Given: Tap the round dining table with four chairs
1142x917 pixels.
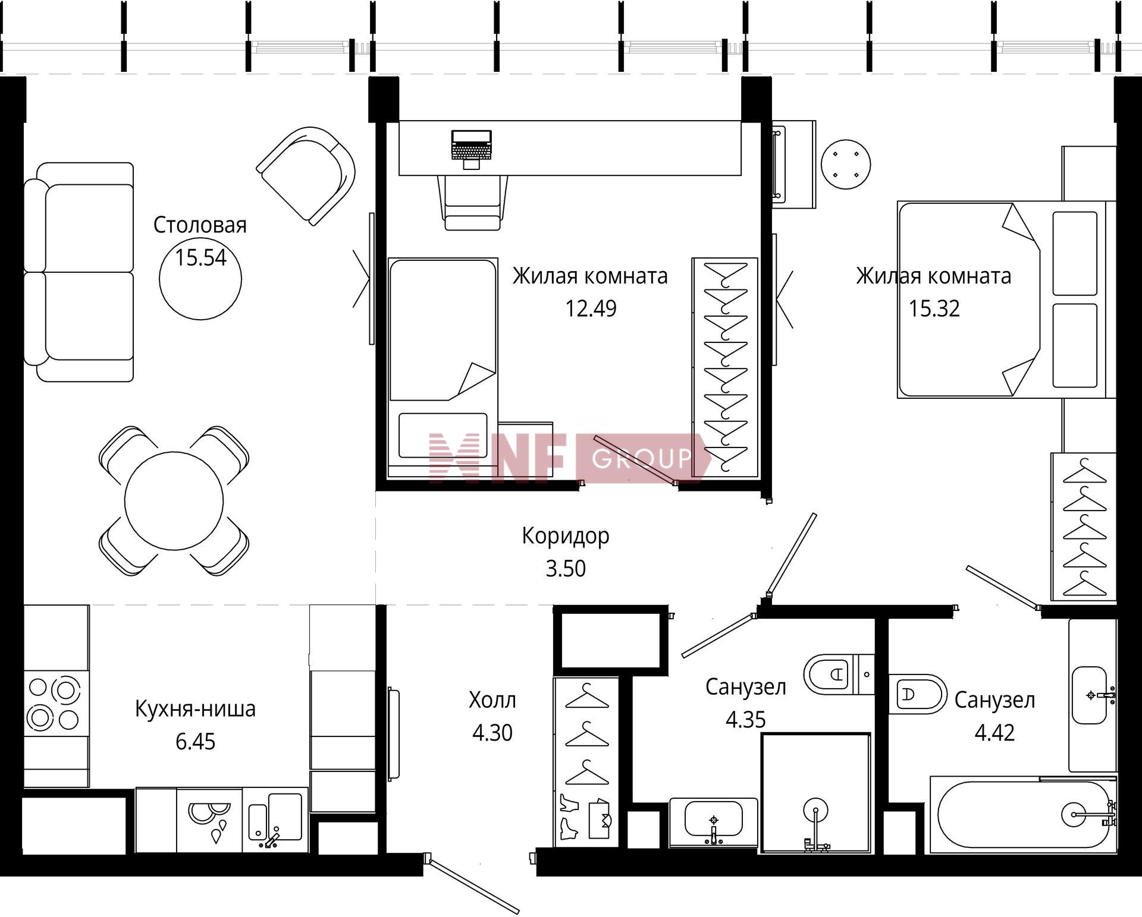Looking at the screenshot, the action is tap(174, 501).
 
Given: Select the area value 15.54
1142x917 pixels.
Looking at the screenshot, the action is tap(200, 257).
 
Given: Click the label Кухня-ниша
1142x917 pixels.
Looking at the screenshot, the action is tap(195, 708).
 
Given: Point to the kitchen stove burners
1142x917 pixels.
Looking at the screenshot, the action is tap(54, 704).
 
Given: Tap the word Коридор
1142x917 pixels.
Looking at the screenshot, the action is tap(566, 536).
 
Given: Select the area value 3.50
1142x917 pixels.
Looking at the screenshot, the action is tap(566, 569).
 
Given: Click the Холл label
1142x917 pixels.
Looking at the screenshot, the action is tap(492, 700).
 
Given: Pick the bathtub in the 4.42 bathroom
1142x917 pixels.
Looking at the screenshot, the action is tap(1023, 815).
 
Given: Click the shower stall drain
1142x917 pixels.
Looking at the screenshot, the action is tap(815, 809).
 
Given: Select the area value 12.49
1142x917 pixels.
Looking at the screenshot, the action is tap(591, 308).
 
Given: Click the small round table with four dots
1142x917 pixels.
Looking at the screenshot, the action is tap(846, 164).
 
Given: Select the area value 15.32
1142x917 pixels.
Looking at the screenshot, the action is tap(934, 308).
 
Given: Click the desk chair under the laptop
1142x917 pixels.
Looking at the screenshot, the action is tap(473, 203).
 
